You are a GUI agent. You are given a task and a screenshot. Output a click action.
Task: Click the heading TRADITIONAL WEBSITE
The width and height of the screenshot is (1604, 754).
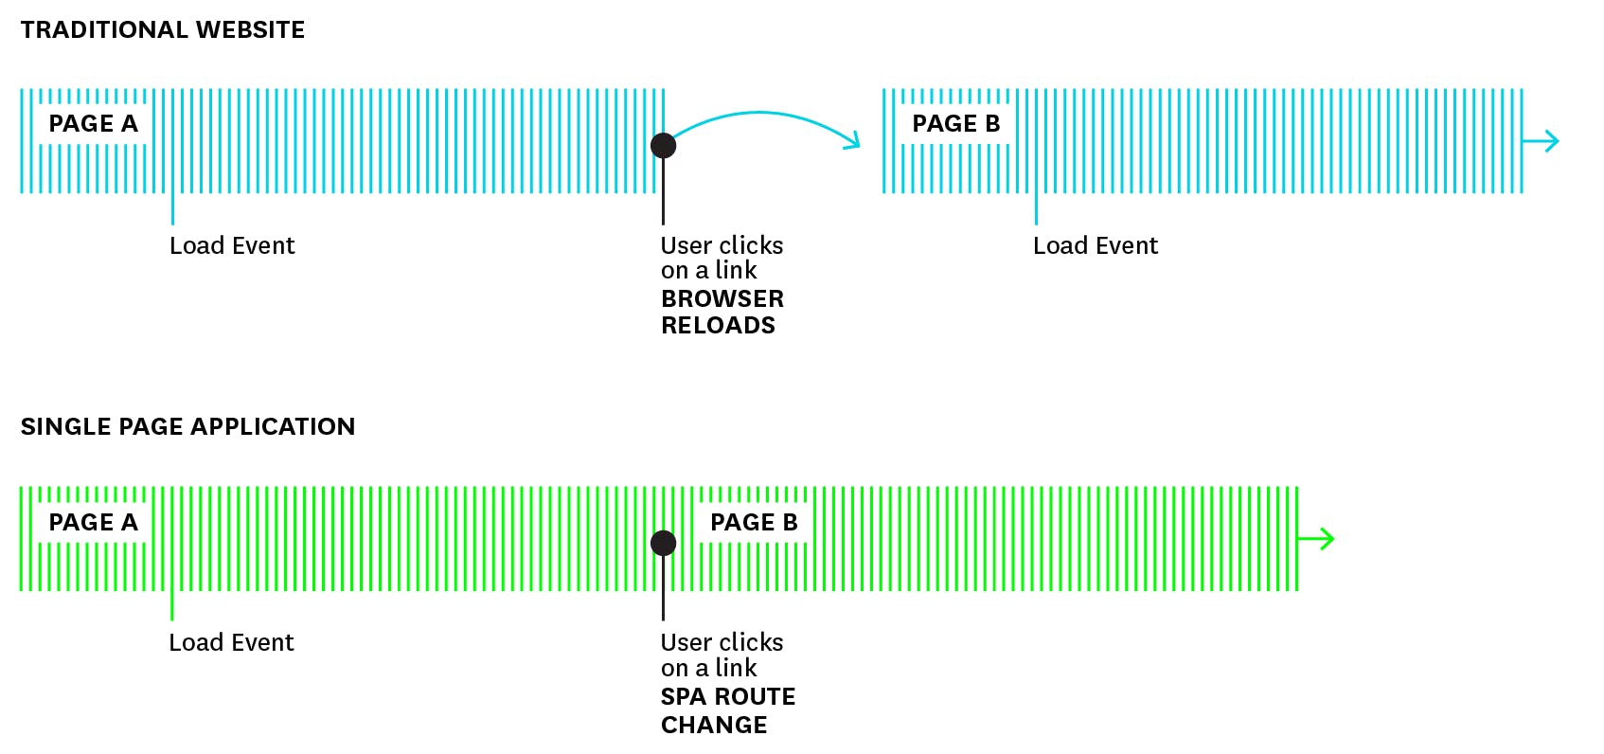[x=162, y=30]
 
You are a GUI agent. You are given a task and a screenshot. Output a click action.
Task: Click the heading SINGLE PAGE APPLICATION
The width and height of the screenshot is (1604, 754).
[x=187, y=427]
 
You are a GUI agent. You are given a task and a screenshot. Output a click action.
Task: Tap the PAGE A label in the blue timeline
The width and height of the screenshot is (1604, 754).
[x=93, y=124]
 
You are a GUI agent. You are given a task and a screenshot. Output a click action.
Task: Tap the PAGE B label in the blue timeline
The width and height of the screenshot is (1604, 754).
[x=955, y=124]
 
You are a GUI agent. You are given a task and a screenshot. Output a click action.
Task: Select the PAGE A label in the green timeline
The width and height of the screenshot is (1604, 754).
[x=93, y=523]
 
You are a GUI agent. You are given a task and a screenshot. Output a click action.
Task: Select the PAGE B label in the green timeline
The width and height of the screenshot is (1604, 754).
[x=754, y=523]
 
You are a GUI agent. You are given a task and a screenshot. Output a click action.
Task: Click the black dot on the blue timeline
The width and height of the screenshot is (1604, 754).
[x=663, y=145]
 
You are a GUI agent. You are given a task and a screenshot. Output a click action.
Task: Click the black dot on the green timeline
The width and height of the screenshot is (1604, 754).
[x=663, y=543]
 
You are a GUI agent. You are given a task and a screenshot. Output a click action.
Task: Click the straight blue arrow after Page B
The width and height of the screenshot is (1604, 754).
[x=1542, y=141]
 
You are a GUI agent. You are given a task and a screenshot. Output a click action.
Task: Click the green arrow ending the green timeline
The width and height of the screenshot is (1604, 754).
[x=1317, y=539]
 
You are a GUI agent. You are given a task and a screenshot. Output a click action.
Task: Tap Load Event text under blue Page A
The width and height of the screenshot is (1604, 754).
[x=232, y=246]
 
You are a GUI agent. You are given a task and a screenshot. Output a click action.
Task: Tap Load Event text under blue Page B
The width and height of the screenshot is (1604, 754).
[x=1096, y=246]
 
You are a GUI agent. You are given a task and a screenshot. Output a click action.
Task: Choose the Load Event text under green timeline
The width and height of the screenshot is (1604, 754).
[x=231, y=643]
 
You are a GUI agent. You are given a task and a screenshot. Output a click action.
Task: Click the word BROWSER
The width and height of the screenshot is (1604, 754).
[x=722, y=299]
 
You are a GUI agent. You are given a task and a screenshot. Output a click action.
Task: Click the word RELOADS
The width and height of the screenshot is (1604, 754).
[x=718, y=326]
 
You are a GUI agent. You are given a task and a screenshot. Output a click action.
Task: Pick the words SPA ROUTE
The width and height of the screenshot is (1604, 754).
[x=727, y=697]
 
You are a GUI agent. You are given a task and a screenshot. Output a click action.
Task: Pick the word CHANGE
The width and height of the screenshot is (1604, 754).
[x=714, y=726]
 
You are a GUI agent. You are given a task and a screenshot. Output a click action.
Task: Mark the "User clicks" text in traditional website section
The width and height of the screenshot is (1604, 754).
[x=722, y=246]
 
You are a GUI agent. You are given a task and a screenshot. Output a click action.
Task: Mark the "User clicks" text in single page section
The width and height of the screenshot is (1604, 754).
[x=722, y=643]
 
